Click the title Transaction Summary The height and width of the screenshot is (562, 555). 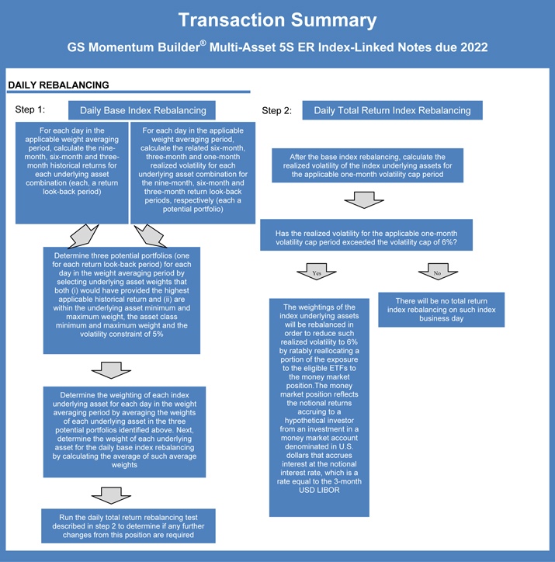(x=277, y=20)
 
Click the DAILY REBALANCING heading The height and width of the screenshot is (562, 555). (x=58, y=85)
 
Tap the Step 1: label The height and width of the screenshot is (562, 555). (x=30, y=109)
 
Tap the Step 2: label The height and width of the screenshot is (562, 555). (x=276, y=110)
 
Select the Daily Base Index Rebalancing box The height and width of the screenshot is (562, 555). (x=143, y=110)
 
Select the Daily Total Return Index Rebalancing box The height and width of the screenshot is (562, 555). (x=392, y=110)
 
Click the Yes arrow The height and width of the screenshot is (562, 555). (x=316, y=272)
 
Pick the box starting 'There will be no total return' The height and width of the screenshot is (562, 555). (x=441, y=310)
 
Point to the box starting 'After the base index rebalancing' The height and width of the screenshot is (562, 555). (x=369, y=165)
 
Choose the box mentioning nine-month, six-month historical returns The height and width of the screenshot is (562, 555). (x=71, y=172)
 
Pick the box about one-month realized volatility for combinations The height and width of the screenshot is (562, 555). (x=193, y=172)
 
